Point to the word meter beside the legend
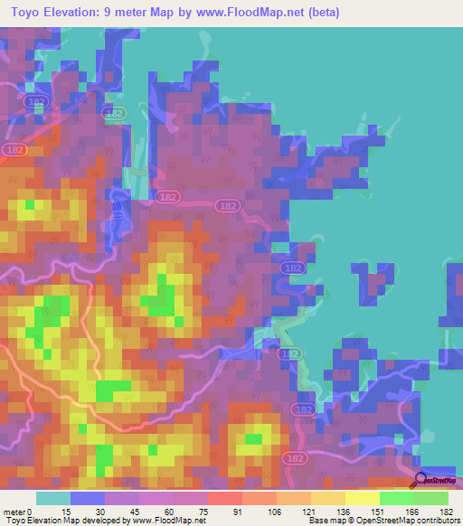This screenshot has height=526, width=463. [16, 512]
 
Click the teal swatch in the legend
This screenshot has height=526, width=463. [53, 498]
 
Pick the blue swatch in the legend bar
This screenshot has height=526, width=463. [88, 498]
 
